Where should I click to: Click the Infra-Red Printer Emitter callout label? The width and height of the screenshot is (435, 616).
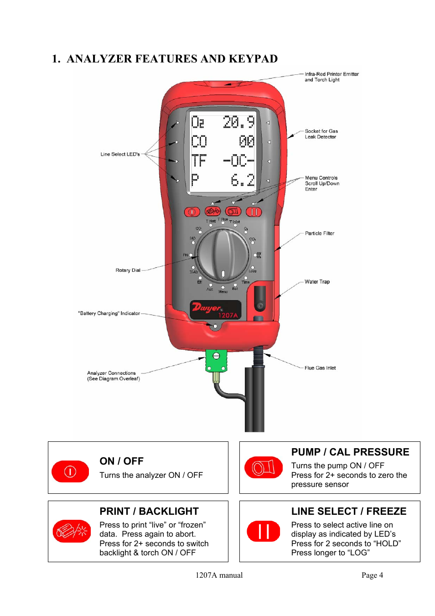click(331, 77)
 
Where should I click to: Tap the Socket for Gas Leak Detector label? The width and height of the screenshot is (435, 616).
click(321, 134)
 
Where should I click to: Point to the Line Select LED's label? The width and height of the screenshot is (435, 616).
click(120, 154)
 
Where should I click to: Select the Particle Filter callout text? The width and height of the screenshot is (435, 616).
click(319, 233)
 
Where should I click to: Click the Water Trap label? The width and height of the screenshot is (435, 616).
click(317, 281)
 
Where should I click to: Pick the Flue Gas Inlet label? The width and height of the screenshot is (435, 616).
click(320, 368)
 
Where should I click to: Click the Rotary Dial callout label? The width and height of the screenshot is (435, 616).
click(128, 270)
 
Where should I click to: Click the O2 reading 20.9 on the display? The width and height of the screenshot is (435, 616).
click(238, 122)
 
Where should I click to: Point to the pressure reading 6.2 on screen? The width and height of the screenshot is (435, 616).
click(242, 180)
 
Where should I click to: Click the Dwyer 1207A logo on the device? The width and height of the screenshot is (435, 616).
click(215, 310)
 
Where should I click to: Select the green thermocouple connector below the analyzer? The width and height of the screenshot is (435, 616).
click(216, 361)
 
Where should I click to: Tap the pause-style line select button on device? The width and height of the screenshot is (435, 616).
click(254, 212)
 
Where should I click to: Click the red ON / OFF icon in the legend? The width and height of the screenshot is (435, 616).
click(70, 471)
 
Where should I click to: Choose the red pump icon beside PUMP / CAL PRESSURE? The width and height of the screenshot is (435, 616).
click(264, 467)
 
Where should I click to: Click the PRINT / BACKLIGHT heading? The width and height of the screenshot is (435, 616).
click(149, 511)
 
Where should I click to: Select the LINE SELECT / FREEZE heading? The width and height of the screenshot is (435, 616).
click(348, 511)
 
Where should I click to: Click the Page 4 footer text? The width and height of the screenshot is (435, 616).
click(372, 575)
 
